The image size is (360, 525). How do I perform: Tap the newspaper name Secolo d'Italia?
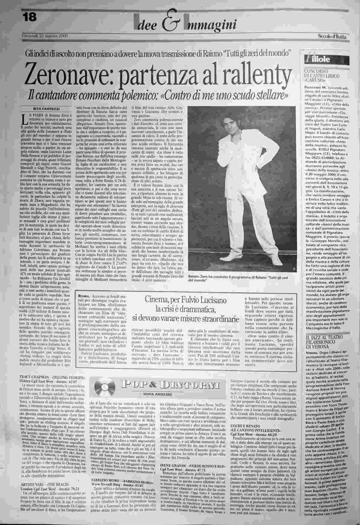[x=332, y=37]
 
